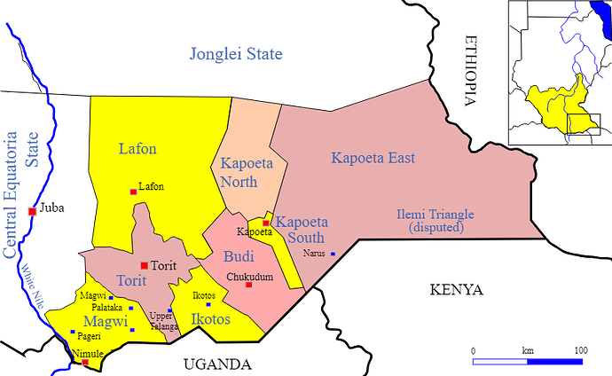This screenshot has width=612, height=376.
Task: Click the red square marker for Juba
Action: point(32,211)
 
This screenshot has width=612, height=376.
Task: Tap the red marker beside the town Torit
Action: point(144,265)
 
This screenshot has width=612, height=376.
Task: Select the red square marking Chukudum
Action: point(248,285)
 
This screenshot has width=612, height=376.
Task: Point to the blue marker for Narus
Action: point(333,255)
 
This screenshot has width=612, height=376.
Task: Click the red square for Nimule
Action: point(85,362)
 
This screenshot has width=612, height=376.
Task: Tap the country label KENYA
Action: point(456,290)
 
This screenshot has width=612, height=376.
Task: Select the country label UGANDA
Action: point(217,364)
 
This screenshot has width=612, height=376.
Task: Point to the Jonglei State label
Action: point(236,55)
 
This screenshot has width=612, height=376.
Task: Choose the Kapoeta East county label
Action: point(373,159)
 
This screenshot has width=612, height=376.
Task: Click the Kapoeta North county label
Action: point(251,173)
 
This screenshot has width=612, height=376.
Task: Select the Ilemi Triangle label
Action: point(435,215)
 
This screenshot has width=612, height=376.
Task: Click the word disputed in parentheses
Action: point(435,228)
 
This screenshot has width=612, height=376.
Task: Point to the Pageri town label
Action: point(89,337)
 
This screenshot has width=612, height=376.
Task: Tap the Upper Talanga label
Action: point(162,321)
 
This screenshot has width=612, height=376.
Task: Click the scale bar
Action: point(527,362)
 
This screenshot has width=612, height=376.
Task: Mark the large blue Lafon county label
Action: point(137,149)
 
